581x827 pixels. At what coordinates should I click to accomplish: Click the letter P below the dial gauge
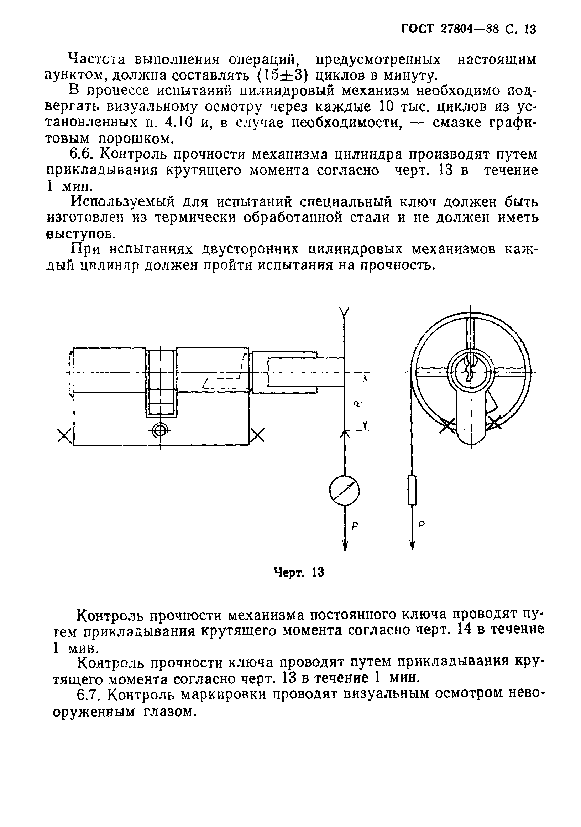(355, 526)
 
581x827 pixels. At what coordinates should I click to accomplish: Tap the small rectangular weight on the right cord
(412, 490)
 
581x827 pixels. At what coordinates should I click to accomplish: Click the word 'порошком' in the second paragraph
(134, 139)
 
